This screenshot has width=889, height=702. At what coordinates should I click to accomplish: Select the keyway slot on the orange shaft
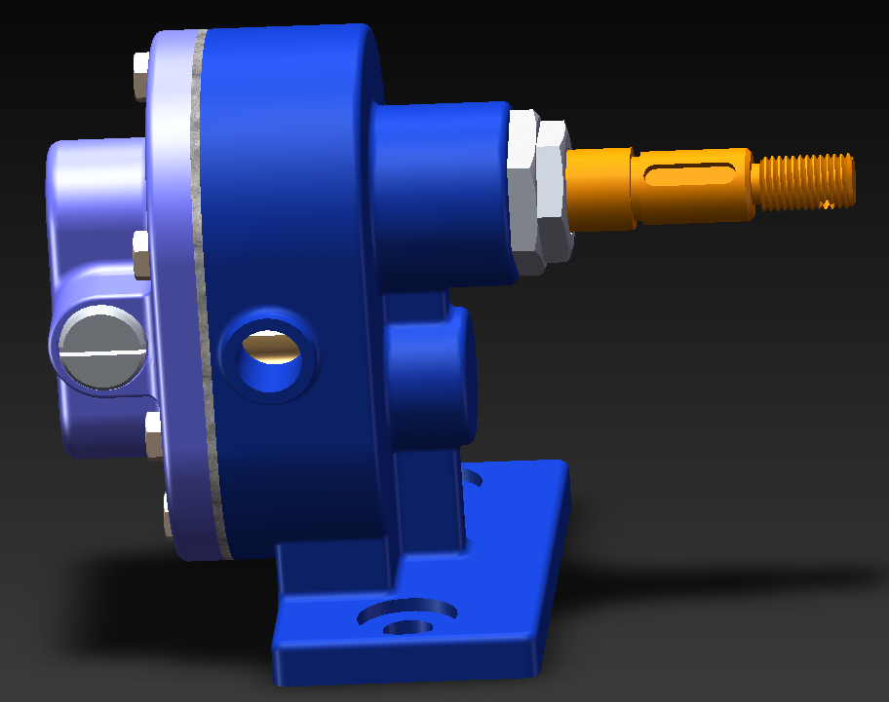tap(691, 175)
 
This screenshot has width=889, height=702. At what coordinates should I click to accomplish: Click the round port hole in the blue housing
tap(270, 355)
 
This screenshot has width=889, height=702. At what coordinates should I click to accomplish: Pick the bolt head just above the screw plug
tap(140, 254)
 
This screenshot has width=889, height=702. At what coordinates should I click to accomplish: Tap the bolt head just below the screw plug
tap(152, 434)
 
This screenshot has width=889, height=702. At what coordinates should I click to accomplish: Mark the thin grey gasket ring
tap(206, 292)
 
